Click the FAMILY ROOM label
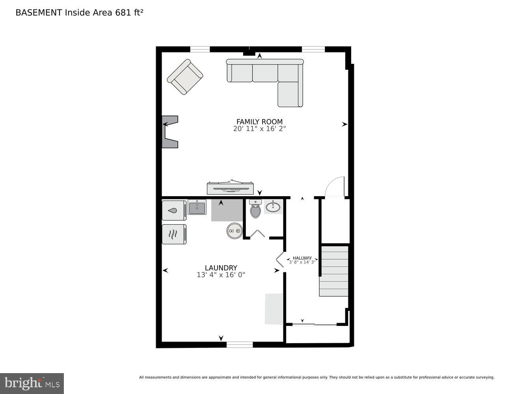tap(259, 122)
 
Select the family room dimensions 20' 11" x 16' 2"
tap(259, 129)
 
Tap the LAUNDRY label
tap(221, 268)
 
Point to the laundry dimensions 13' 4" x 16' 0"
tap(221, 275)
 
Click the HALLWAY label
tap(302, 258)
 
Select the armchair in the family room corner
tap(185, 77)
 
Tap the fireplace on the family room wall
tap(170, 132)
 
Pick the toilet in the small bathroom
tap(255, 210)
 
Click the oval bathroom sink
tap(273, 207)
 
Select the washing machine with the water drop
tap(174, 210)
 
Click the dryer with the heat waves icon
tap(174, 234)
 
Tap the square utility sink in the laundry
tap(197, 207)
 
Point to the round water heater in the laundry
tap(235, 231)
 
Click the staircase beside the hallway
tap(334, 271)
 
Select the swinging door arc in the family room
tap(335, 186)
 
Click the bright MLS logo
tap(32, 383)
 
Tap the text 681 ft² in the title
tap(129, 13)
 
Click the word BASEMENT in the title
tap(39, 13)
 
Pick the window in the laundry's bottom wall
tap(240, 345)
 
